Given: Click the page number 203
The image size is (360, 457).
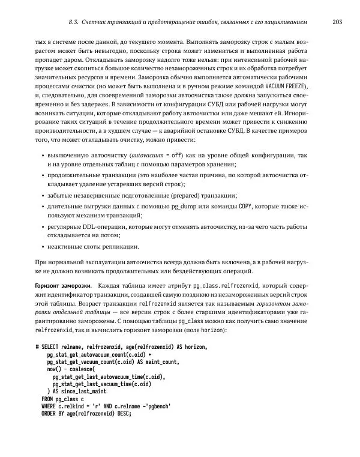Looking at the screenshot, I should pyautogui.click(x=337, y=23).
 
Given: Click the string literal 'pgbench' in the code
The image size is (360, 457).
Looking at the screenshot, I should pyautogui.click(x=158, y=406).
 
